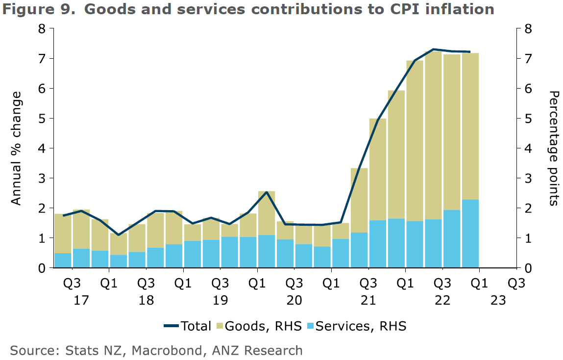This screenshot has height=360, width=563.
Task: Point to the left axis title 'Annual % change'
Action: pos(16,148)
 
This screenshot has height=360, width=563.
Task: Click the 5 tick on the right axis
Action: pos(528,119)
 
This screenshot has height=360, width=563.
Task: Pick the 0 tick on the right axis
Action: pos(528,268)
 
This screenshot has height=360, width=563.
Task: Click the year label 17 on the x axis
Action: pos(81,300)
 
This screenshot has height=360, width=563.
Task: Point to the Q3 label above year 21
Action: pos(368,284)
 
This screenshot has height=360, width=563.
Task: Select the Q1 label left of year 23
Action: pos(479,284)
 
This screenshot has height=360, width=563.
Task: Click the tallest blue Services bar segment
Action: pos(470,234)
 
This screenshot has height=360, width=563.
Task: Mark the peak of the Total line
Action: pos(433,49)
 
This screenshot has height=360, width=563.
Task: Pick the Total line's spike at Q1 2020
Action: pos(266,192)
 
